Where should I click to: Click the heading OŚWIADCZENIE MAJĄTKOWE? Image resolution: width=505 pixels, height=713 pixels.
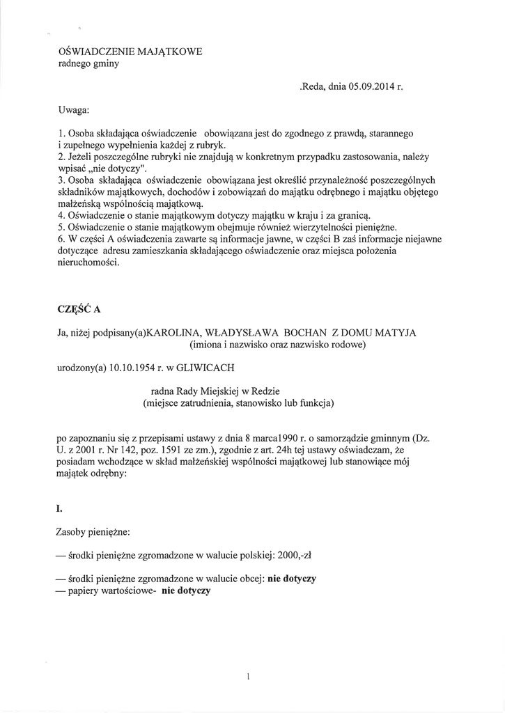(130, 52)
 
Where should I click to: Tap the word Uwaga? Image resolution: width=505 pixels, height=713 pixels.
(72, 110)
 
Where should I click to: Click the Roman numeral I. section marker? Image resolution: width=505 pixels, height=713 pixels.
(59, 509)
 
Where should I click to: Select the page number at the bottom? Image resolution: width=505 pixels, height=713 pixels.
(248, 676)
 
